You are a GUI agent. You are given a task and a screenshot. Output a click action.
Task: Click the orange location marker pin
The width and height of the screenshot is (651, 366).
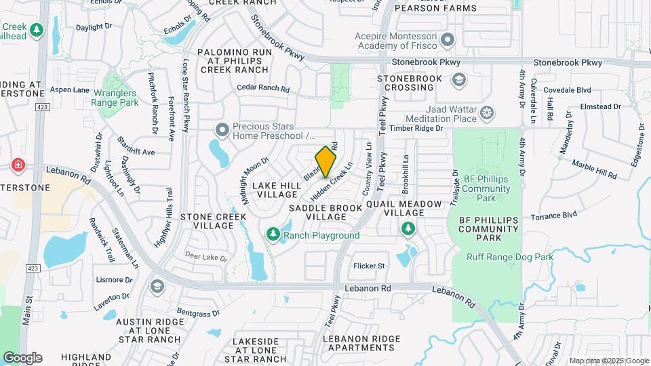326,162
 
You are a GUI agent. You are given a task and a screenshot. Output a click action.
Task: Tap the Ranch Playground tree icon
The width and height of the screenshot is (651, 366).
273,235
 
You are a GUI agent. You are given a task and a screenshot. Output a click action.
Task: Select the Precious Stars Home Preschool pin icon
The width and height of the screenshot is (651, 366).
222,129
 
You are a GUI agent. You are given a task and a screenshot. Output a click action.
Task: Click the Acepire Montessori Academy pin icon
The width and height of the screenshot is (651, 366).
447,40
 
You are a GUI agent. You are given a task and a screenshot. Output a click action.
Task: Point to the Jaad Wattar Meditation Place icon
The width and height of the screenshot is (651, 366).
486,113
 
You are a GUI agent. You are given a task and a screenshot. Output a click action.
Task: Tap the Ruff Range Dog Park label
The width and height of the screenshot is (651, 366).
510,257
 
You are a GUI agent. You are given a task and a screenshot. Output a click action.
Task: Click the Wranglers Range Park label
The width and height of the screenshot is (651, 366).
115,97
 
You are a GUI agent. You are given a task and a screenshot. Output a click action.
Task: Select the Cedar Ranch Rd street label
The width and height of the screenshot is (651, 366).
264,89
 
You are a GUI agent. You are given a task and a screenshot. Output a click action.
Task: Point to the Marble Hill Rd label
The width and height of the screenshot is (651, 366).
594,169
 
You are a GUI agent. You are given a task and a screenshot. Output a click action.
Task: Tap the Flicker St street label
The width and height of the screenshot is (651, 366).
369,266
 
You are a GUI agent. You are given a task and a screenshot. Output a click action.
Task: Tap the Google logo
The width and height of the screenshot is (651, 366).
22,358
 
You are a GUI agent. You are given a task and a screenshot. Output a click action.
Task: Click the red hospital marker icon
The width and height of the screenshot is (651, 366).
18,165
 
